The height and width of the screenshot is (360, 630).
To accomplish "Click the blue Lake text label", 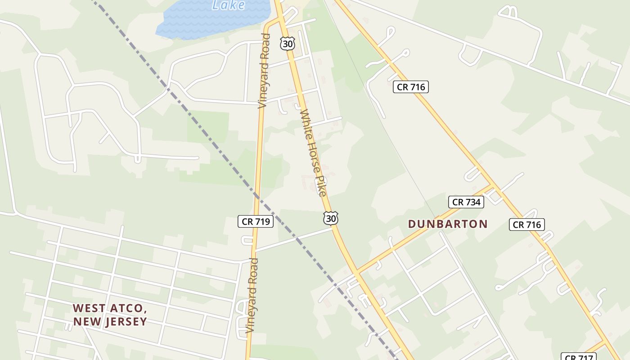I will (229, 5).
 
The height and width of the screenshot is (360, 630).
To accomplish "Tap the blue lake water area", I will (202, 22).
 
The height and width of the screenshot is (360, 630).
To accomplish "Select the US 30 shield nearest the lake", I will (287, 44).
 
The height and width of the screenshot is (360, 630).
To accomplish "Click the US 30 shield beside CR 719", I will (330, 218).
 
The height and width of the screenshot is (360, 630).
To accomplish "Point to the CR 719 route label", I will (256, 221).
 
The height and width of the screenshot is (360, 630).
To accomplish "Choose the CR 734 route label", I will (466, 202).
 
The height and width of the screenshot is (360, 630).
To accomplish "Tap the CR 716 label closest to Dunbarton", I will (527, 225).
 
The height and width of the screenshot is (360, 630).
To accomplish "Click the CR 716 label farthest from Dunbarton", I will (410, 87).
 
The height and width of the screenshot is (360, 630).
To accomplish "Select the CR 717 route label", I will (579, 357).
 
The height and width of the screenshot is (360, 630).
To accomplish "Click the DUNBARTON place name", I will (448, 224).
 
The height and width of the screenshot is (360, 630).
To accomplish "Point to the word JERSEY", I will (126, 322).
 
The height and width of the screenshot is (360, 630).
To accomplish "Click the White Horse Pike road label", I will (313, 153).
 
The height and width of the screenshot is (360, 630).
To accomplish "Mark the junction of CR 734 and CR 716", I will (493, 186).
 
